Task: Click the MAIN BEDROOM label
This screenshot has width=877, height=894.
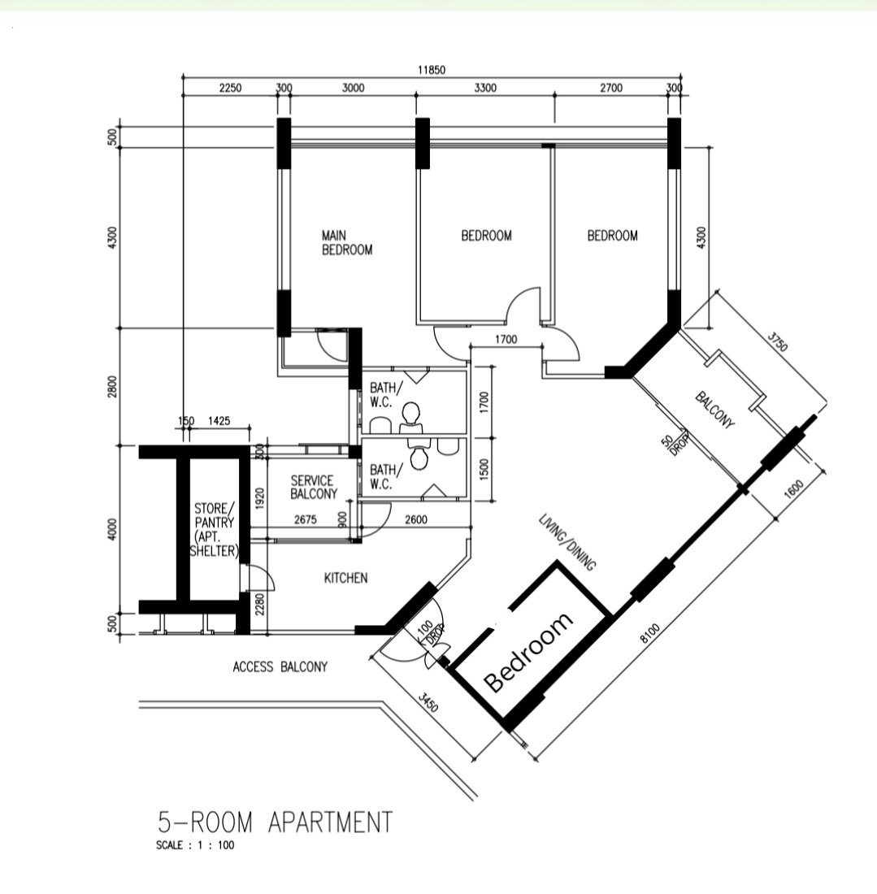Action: tap(347, 243)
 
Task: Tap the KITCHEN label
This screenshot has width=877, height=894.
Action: tap(345, 578)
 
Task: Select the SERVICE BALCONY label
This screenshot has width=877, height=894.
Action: tap(314, 488)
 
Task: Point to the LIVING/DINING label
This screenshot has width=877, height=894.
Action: tap(568, 542)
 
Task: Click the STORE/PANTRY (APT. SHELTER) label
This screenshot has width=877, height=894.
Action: tap(213, 530)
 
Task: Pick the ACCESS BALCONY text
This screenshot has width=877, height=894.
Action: tap(280, 666)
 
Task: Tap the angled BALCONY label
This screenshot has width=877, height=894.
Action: tap(714, 410)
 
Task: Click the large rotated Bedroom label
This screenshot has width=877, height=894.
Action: tap(528, 653)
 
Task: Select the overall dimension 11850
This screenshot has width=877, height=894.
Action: tap(432, 70)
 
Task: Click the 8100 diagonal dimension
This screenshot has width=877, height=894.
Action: tap(649, 633)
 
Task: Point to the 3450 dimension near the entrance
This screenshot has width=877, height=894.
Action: tap(428, 702)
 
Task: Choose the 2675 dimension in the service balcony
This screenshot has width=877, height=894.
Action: tap(305, 520)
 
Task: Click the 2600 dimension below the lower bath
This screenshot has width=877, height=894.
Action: tap(415, 520)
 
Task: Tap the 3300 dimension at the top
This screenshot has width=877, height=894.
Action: tap(485, 88)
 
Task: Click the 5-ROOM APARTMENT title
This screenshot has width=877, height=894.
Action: tap(275, 822)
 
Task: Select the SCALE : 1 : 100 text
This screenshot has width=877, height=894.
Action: tap(195, 845)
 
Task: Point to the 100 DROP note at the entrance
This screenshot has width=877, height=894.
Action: tap(431, 633)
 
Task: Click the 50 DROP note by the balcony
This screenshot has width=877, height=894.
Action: tap(675, 443)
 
